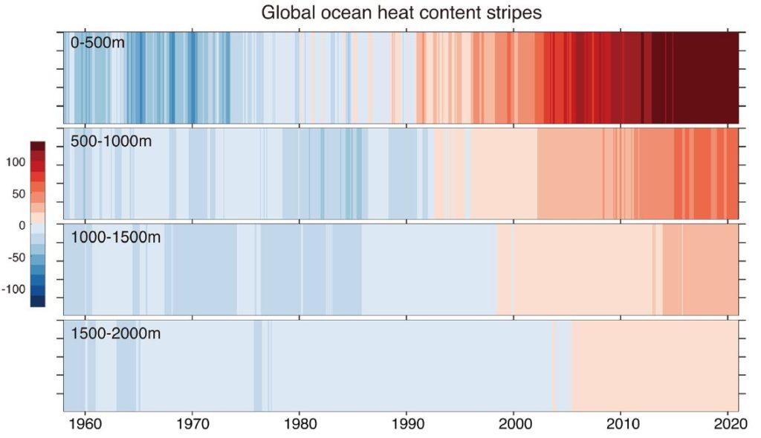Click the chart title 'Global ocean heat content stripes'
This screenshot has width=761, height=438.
(x=398, y=13)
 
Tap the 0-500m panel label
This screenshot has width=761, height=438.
(x=97, y=44)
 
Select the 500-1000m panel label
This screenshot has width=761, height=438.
(x=111, y=141)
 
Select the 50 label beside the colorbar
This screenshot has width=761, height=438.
(x=18, y=194)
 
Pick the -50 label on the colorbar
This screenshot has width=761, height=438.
(x=15, y=257)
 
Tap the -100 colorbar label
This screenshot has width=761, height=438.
(x=13, y=289)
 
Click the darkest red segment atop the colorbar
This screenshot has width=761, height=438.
(x=37, y=146)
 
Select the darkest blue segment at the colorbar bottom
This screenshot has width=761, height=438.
(x=37, y=301)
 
